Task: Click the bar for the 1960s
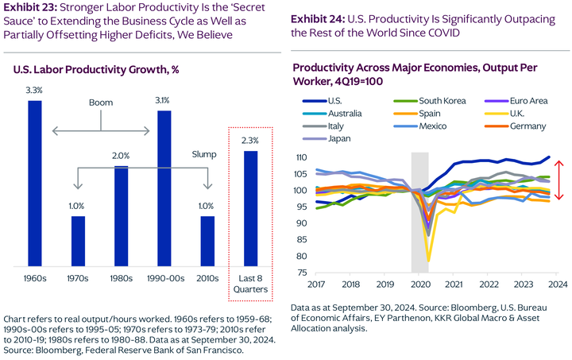coord(35,183)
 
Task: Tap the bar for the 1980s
coord(122,216)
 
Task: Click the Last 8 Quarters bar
coord(250,208)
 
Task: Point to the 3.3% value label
coord(35,91)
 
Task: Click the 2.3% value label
coord(250,141)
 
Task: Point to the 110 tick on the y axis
coord(300,157)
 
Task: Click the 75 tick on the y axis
coord(303,273)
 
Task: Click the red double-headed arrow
coord(559,180)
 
